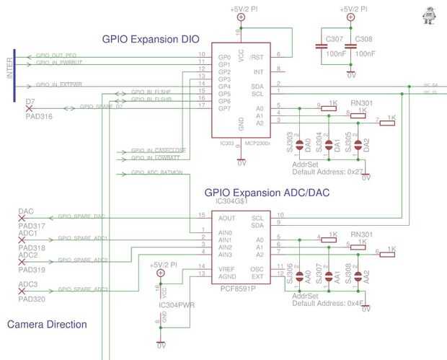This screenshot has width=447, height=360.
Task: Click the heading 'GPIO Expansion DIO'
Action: tap(151, 39)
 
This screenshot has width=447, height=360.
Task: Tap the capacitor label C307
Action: tap(334, 38)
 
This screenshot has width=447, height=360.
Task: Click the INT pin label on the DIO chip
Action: tap(258, 71)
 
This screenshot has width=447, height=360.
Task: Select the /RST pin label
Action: tap(257, 57)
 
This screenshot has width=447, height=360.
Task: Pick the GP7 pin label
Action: tap(223, 109)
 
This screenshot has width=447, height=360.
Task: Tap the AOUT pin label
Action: tap(226, 218)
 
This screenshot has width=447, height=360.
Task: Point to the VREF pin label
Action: tap(226, 268)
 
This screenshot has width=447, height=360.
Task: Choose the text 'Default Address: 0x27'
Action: tap(324, 172)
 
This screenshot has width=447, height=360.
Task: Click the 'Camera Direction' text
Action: tap(47, 325)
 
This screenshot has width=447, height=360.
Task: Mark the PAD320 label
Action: tap(31, 299)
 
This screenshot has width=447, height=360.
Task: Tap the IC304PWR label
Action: tap(177, 304)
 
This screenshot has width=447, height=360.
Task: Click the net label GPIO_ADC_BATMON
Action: tap(156, 172)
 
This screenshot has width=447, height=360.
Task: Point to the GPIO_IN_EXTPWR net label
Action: tap(59, 85)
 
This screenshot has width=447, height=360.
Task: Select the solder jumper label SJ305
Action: tap(349, 141)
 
